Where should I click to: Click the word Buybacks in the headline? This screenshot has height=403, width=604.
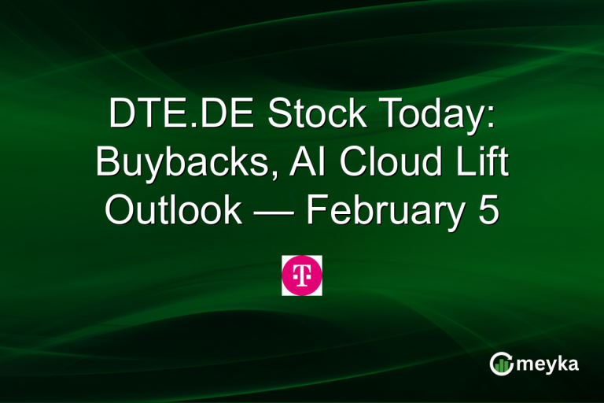(x=171, y=164)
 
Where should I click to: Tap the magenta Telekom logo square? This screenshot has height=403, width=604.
(x=302, y=275)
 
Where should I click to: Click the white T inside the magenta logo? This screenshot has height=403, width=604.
(x=302, y=275)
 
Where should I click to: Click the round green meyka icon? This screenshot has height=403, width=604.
(x=501, y=363)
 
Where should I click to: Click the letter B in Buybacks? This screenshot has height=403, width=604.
(x=109, y=164)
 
